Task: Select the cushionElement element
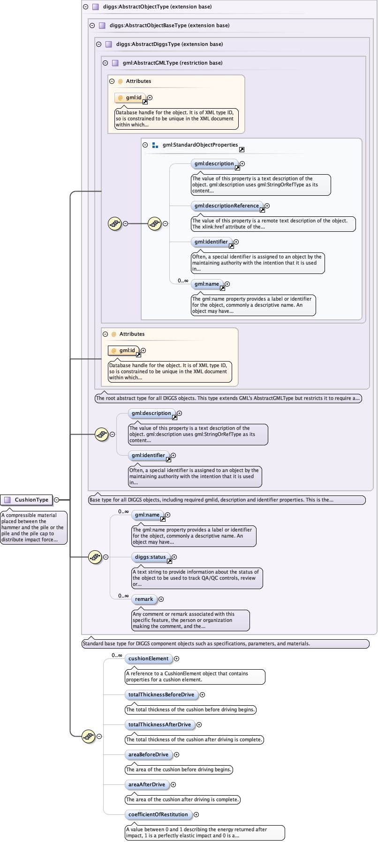click(x=148, y=658)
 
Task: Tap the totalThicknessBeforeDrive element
click(x=161, y=694)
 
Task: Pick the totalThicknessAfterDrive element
click(x=159, y=724)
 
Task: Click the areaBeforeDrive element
click(x=148, y=754)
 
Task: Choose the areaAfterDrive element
click(x=147, y=784)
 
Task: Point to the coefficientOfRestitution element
click(x=158, y=814)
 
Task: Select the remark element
click(x=144, y=599)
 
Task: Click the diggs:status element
click(x=150, y=557)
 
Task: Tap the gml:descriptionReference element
click(x=227, y=206)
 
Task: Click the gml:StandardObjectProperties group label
click(x=200, y=145)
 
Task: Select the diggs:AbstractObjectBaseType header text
click(x=169, y=25)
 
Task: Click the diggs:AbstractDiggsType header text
click(x=169, y=44)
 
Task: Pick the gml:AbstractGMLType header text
click(x=172, y=63)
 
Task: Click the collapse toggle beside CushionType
click(x=56, y=500)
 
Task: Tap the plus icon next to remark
click(x=161, y=599)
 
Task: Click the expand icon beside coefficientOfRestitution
click(x=196, y=814)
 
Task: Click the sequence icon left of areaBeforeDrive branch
click(x=88, y=736)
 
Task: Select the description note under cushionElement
click(x=195, y=676)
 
